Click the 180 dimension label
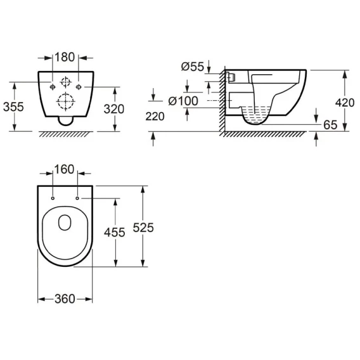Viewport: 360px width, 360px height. pos(65,57)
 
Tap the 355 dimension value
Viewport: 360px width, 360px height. pos(13,106)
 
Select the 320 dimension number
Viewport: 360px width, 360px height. pos(114,109)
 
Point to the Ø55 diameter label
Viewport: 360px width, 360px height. pos(193,67)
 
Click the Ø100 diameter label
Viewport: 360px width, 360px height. pos(183,101)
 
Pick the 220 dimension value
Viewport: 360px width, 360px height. pos(155,117)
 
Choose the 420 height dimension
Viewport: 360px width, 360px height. pos(345,103)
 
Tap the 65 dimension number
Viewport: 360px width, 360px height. pos(330,125)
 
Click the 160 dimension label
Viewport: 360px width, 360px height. pos(64,169)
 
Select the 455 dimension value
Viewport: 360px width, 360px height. pos(114,233)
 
